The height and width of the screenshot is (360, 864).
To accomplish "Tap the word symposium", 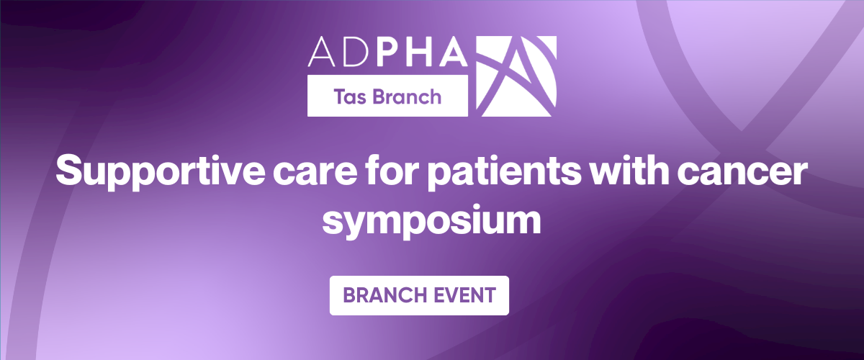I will tap(431, 219).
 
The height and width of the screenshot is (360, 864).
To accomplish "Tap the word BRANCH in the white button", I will tap(381, 295).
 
